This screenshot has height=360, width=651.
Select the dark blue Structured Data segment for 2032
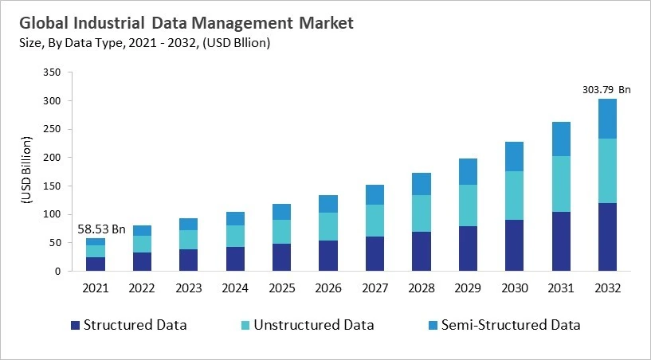pos(608,237)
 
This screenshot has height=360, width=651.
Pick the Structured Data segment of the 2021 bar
pos(96,264)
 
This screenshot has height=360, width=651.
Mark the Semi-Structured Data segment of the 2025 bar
pos(281,212)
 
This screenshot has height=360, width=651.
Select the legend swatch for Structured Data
pos(76,325)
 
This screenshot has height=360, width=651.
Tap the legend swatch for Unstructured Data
pos(245,325)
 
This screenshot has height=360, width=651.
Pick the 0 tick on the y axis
pos(57,272)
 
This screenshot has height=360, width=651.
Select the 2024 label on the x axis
pos(235,288)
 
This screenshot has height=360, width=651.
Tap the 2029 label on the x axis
pos(468,288)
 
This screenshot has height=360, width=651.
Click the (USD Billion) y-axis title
pos(26,172)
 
